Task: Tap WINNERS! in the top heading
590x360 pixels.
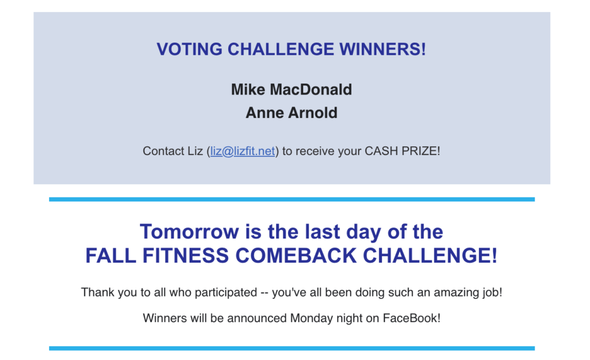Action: [383, 50]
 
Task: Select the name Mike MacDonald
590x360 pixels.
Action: [291, 89]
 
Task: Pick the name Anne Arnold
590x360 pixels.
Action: [291, 113]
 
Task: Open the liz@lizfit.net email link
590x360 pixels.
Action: [243, 151]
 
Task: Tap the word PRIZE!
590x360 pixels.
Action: [421, 151]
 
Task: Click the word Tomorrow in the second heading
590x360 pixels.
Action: [189, 232]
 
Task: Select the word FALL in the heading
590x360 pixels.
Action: [110, 256]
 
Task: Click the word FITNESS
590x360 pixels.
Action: [186, 256]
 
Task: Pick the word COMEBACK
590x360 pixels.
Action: [296, 256]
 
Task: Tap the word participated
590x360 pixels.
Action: [226, 293]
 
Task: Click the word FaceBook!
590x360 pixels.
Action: [411, 319]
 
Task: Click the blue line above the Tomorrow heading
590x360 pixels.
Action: [292, 199]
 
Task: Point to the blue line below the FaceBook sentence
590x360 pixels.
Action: [292, 348]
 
